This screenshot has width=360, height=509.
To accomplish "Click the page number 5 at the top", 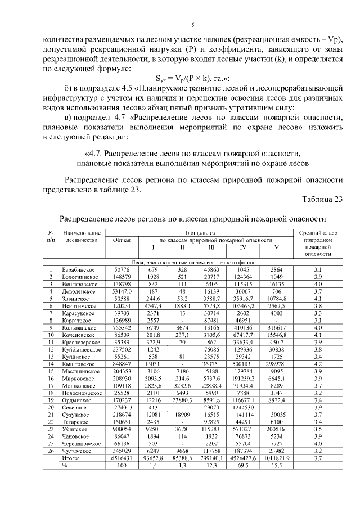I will coord(192,25).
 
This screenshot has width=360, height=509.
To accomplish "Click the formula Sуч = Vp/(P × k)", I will coord(192,79).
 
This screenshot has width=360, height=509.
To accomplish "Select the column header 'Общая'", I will coord(121,240).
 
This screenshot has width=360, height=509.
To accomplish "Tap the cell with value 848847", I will coord(121,363).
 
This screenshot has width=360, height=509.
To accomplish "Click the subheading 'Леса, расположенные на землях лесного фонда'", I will coord(192,262).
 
